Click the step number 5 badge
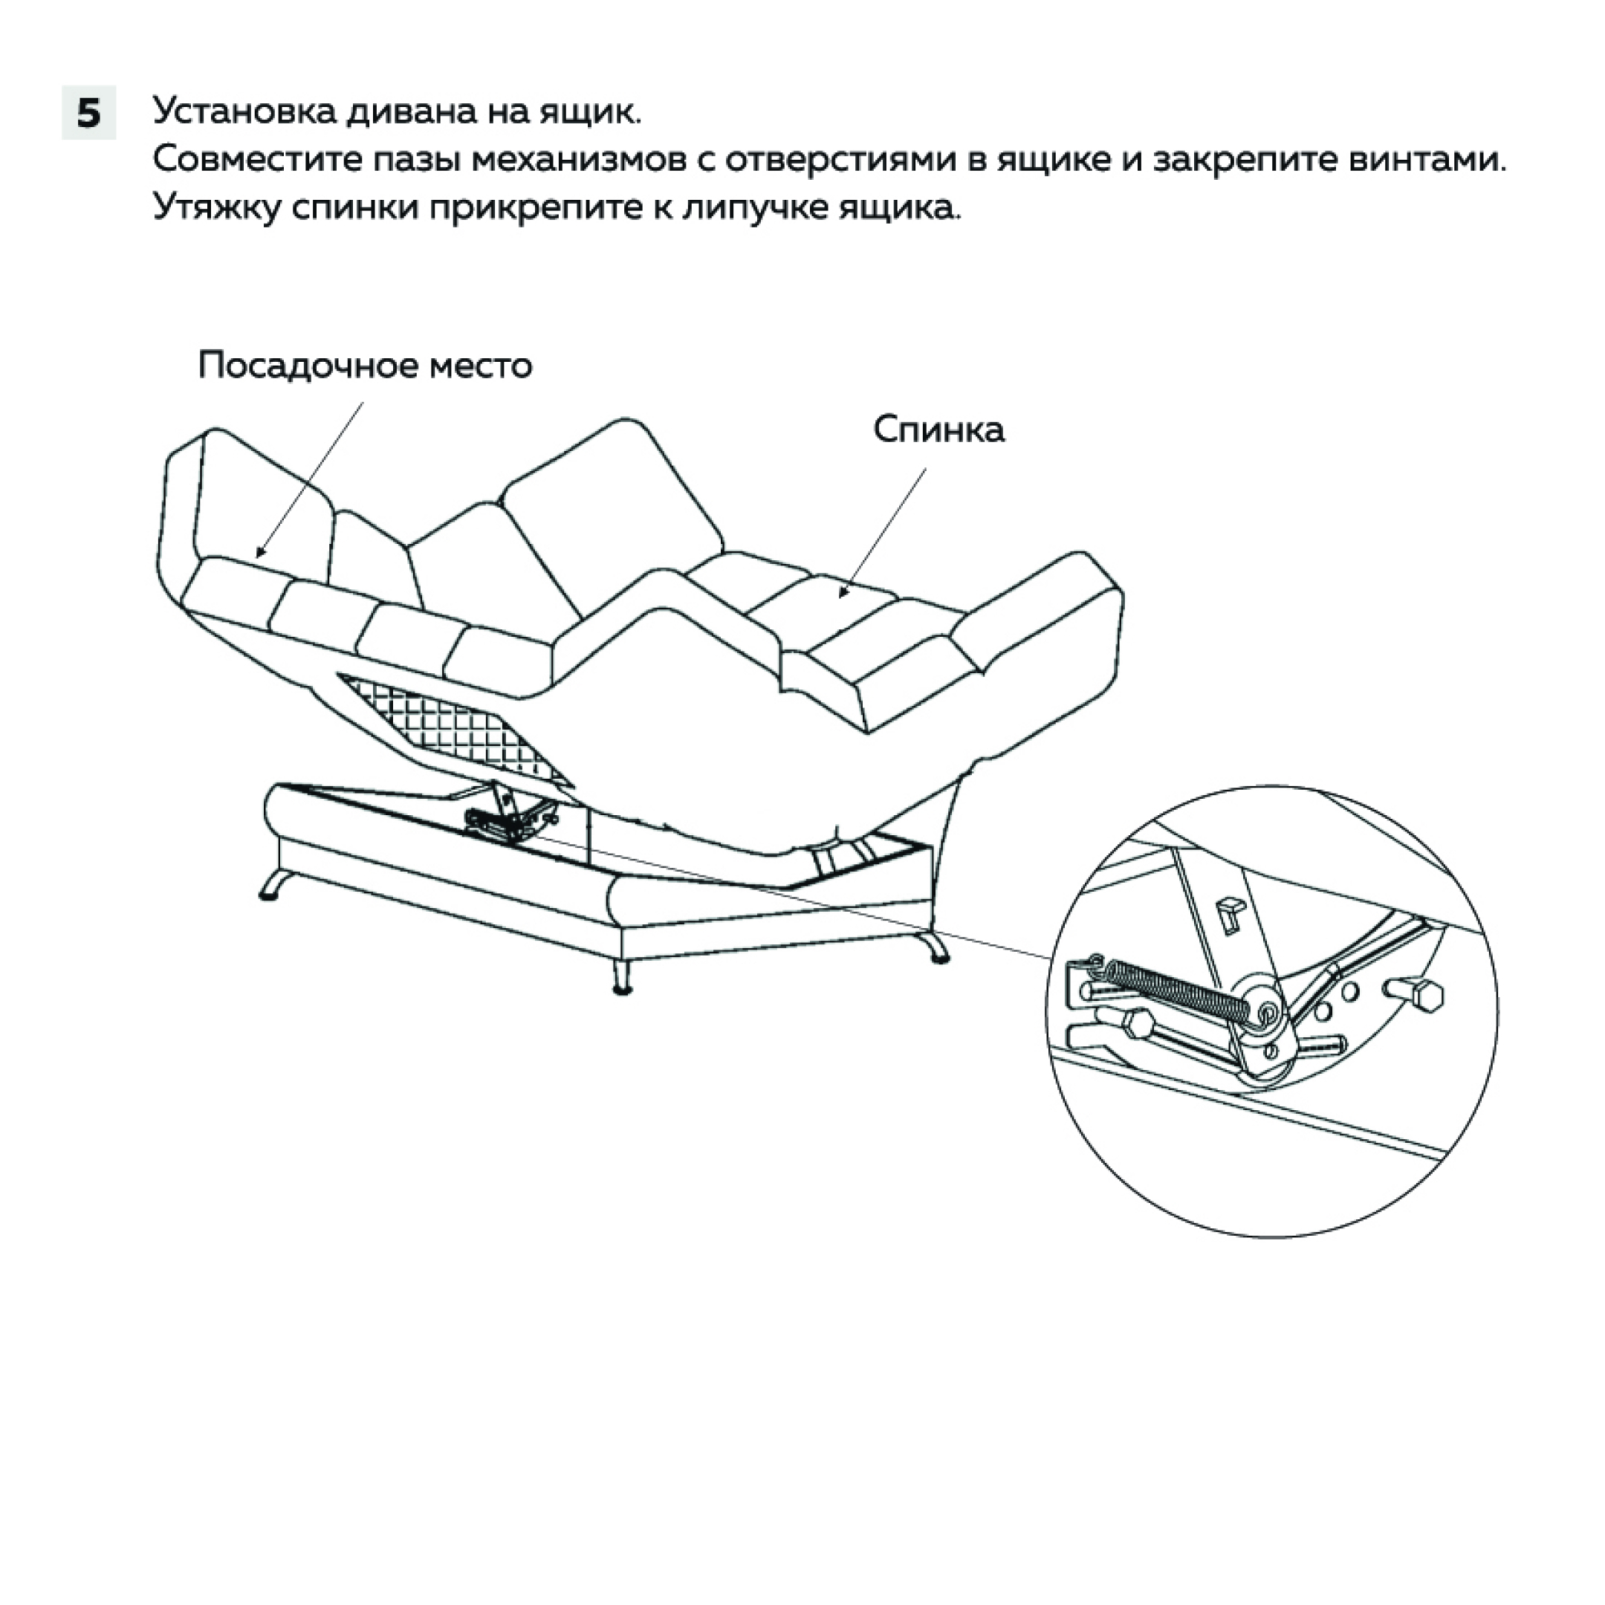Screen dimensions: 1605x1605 [89, 112]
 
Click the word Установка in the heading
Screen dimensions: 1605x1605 [241, 112]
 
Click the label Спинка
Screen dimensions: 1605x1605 [938, 429]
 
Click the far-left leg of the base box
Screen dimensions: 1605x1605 [273, 886]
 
